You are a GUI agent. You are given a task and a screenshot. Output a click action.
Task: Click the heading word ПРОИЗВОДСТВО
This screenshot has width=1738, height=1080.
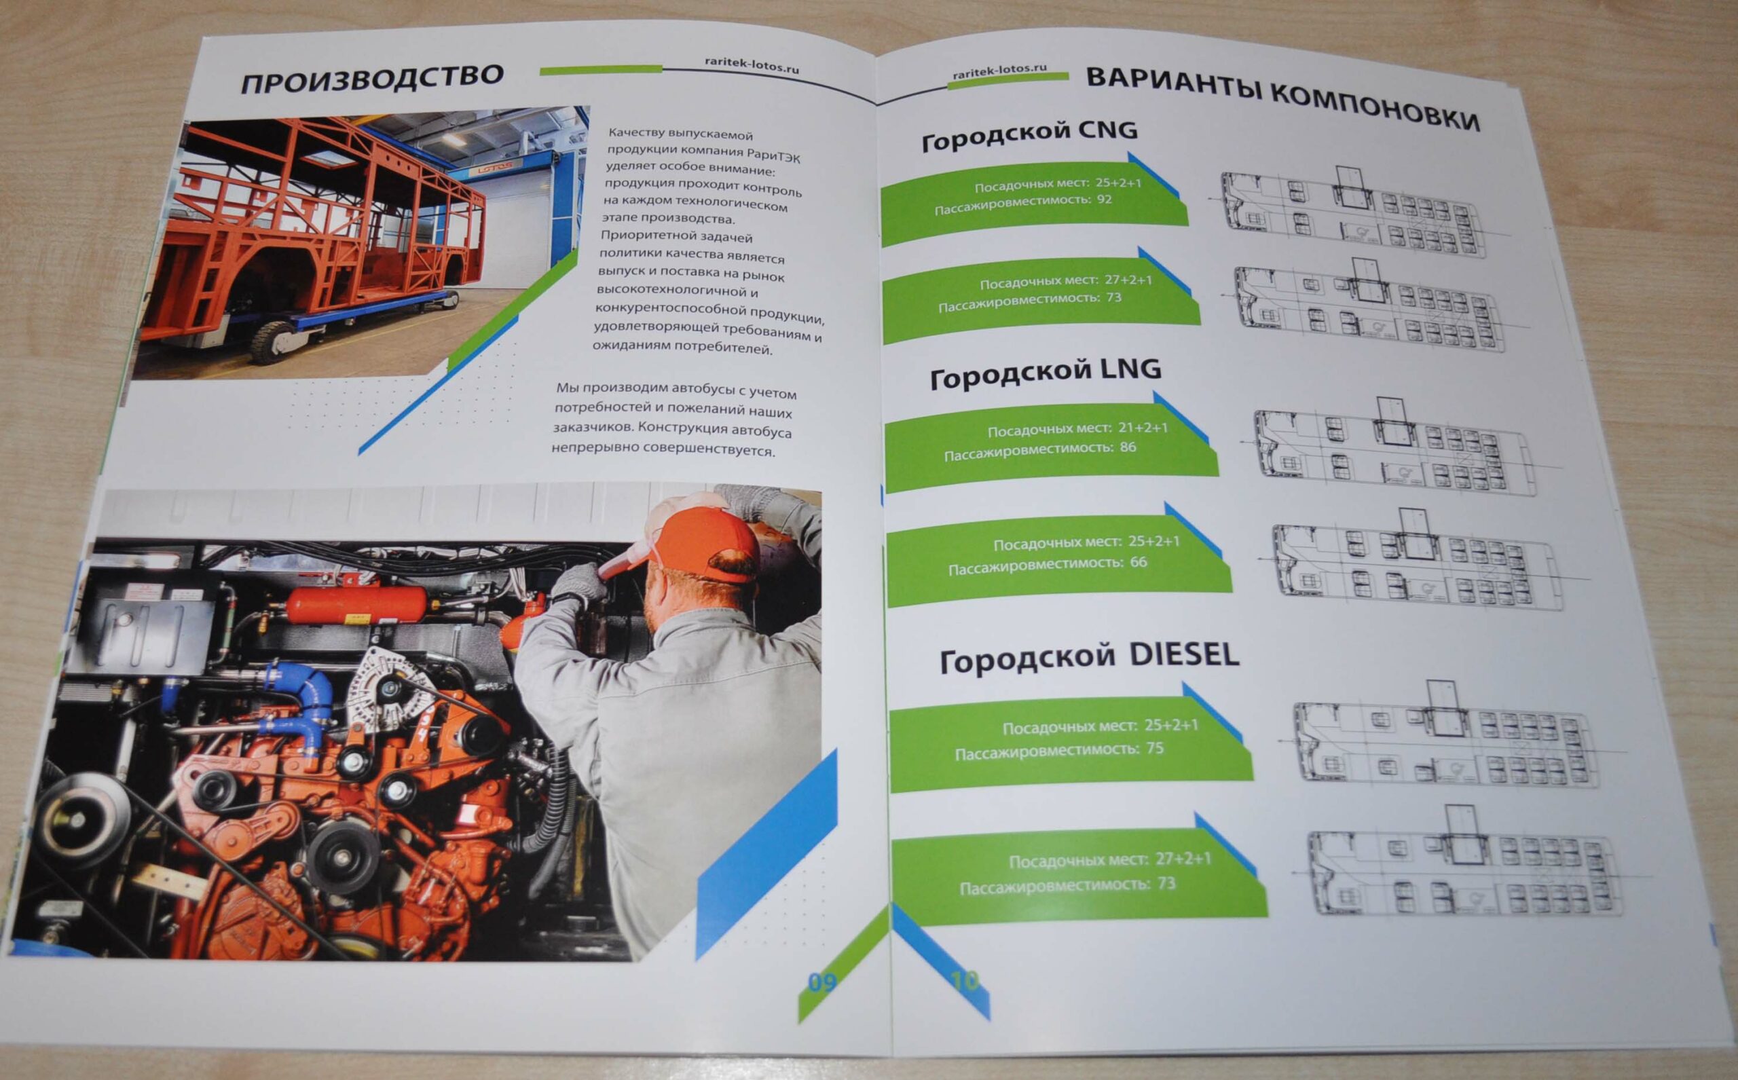(x=372, y=79)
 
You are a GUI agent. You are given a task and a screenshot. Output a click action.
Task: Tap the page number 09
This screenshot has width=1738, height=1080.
(x=821, y=984)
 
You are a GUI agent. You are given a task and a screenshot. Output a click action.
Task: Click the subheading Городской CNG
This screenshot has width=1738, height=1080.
(x=1029, y=135)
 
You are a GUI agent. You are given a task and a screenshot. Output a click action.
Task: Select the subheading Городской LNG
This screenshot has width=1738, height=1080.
(x=1046, y=373)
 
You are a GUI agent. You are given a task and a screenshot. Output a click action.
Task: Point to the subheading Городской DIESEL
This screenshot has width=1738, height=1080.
(x=1090, y=657)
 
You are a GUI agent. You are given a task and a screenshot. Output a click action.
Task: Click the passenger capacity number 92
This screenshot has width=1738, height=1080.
(x=1105, y=200)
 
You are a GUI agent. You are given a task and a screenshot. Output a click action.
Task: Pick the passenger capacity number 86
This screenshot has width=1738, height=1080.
(x=1128, y=447)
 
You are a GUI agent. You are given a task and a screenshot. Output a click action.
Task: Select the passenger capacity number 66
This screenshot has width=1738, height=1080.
(x=1139, y=562)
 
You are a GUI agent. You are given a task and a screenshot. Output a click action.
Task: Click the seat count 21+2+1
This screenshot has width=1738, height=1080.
(x=1143, y=428)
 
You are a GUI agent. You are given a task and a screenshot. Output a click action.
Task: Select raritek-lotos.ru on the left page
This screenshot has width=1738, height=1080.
(x=752, y=66)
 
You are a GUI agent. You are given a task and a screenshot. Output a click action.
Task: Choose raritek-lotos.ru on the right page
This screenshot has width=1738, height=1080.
(x=999, y=71)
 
